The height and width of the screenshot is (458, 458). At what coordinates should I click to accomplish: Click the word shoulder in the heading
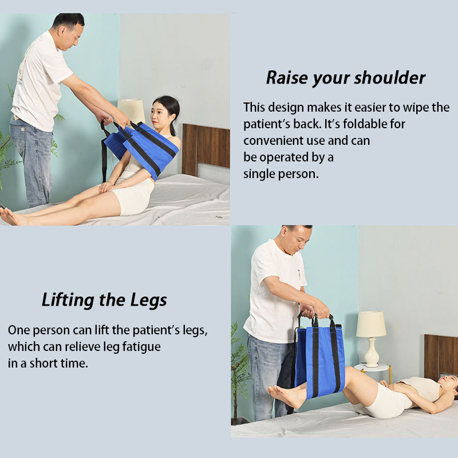pyautogui.click(x=390, y=78)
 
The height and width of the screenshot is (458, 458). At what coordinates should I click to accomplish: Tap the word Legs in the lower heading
pyautogui.click(x=148, y=300)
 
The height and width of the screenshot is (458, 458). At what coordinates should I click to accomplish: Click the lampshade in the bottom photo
pyautogui.click(x=371, y=324)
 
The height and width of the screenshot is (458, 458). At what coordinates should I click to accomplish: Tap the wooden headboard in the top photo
pyautogui.click(x=206, y=149)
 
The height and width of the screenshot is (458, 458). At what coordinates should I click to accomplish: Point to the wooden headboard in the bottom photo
pyautogui.click(x=440, y=356)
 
